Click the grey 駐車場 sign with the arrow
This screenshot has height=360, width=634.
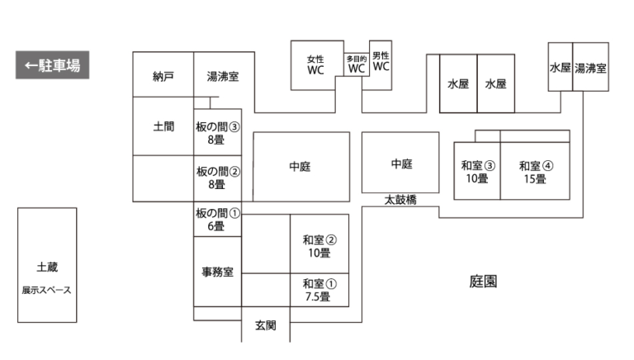(52, 65)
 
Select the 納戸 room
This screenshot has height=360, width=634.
(163, 77)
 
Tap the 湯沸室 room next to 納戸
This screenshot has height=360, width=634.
(223, 77)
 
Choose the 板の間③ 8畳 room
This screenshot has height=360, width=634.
(217, 133)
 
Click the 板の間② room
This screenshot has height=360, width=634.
(217, 178)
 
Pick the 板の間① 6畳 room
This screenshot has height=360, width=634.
(217, 219)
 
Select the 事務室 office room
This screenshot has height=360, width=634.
(217, 271)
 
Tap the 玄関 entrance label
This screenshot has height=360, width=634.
(265, 325)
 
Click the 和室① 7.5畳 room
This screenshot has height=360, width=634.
(319, 290)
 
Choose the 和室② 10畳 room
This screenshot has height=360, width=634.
(319, 245)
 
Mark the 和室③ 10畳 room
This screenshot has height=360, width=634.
(477, 171)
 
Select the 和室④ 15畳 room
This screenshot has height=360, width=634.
(535, 171)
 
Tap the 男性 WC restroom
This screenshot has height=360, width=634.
(380, 61)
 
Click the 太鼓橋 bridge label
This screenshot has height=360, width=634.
(400, 200)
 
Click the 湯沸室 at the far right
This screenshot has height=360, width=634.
(590, 68)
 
